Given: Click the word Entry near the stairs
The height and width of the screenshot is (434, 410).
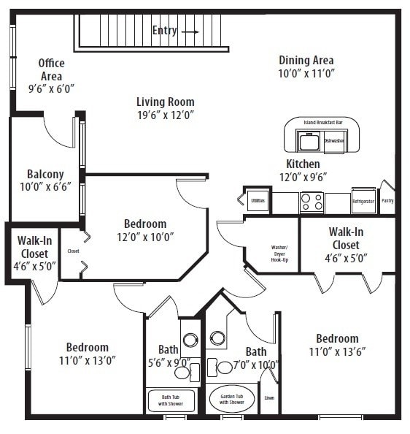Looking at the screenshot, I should point(164,31).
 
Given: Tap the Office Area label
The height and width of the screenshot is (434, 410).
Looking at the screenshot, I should point(51,69).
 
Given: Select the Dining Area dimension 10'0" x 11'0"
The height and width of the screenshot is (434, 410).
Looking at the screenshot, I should point(306,74).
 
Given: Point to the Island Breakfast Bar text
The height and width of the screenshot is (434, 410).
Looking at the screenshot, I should point(322,122).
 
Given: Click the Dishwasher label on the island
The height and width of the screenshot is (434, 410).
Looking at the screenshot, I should point(333,140).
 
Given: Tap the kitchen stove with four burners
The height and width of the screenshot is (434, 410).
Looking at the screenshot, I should point(312,202).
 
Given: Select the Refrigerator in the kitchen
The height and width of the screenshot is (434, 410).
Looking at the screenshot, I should point(363,201).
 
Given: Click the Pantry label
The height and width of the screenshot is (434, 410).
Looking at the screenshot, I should point(387,200).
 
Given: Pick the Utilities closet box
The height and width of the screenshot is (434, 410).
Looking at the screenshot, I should point(258,199).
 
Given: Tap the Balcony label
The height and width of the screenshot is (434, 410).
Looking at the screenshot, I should point(45,175).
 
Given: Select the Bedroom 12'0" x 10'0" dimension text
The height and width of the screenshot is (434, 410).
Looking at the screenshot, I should point(144,236).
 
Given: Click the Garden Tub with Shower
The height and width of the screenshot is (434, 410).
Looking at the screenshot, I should point(232,399).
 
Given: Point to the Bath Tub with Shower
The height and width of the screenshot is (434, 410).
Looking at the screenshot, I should point(171,400).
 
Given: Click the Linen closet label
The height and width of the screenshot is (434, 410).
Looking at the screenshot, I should point(269,397).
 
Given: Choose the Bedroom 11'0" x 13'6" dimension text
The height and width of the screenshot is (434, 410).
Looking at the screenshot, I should point(336,351).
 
